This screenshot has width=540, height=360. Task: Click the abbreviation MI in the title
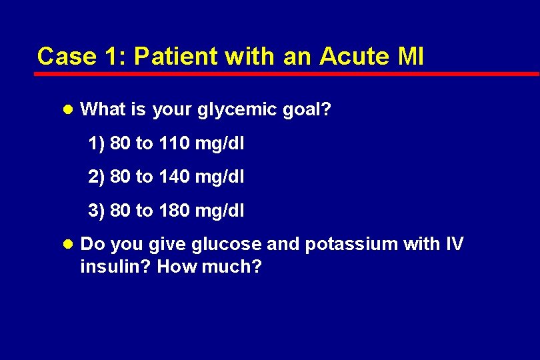(x=410, y=56)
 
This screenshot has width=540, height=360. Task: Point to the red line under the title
(x=287, y=74)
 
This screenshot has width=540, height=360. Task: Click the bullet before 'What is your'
(x=71, y=109)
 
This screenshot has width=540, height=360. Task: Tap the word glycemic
(x=230, y=109)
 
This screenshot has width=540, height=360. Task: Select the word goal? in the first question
(x=306, y=109)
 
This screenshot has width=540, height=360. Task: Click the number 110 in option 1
(x=174, y=143)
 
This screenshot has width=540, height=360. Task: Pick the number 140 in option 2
(x=174, y=177)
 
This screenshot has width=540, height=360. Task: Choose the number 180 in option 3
(x=174, y=211)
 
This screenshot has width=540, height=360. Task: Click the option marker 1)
(x=97, y=143)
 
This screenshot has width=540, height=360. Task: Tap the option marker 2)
(x=97, y=177)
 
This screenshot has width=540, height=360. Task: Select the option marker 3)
(x=97, y=211)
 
